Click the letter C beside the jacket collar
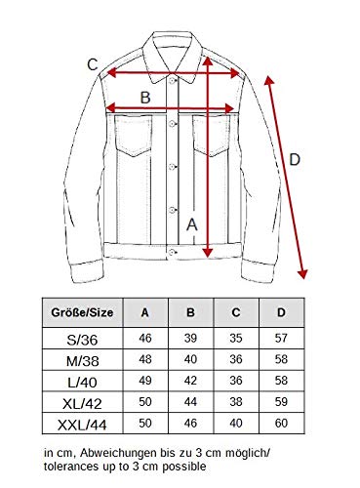(93, 64)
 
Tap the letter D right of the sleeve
(295, 160)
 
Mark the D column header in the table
(281, 312)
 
